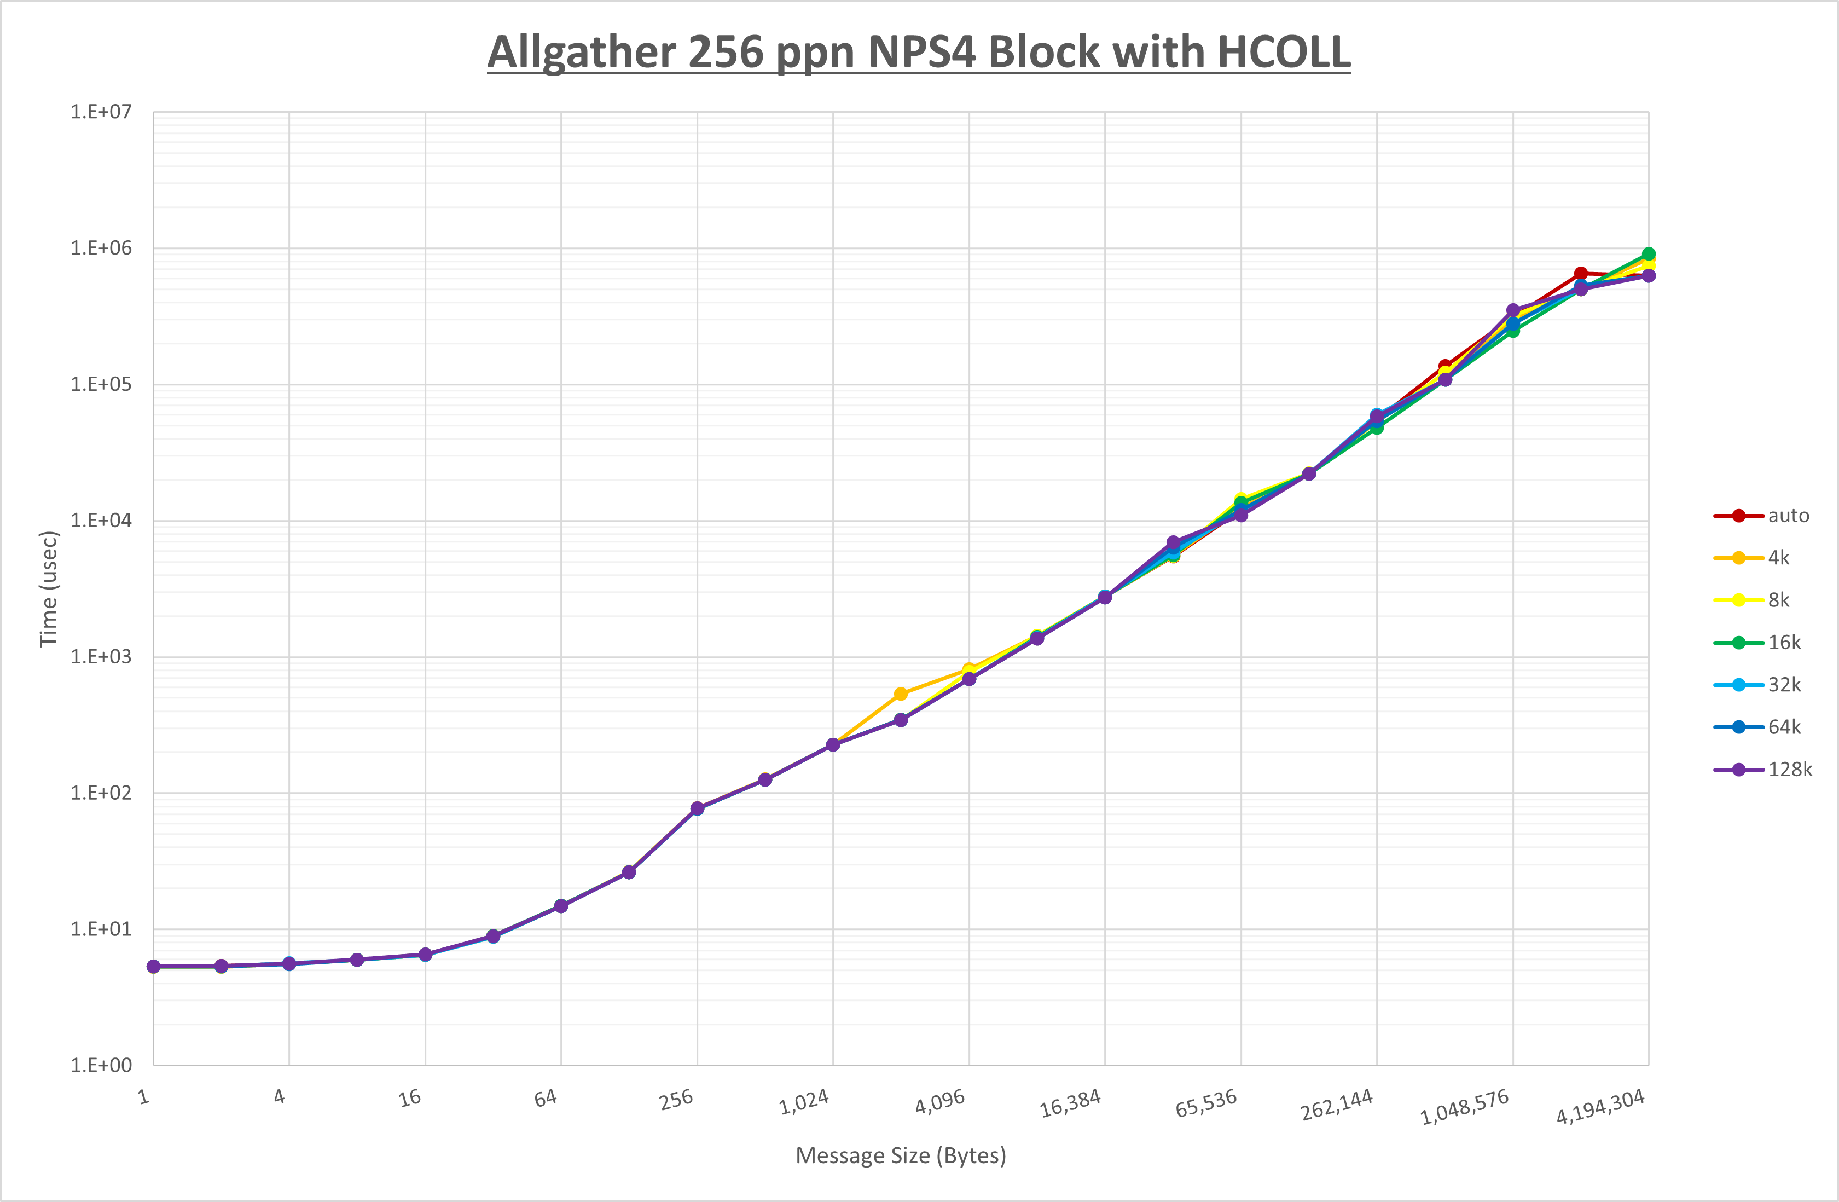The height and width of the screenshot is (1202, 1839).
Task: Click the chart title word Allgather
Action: click(581, 53)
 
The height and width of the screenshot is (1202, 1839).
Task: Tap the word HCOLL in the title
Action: click(1284, 53)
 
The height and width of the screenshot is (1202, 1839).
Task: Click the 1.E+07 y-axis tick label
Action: click(101, 112)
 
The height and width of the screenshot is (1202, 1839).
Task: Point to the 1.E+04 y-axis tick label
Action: click(101, 520)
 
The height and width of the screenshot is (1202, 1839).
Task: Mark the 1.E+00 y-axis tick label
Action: click(101, 1065)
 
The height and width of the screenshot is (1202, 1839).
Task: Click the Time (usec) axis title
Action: click(49, 588)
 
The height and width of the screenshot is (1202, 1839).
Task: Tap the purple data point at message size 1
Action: click(154, 966)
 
